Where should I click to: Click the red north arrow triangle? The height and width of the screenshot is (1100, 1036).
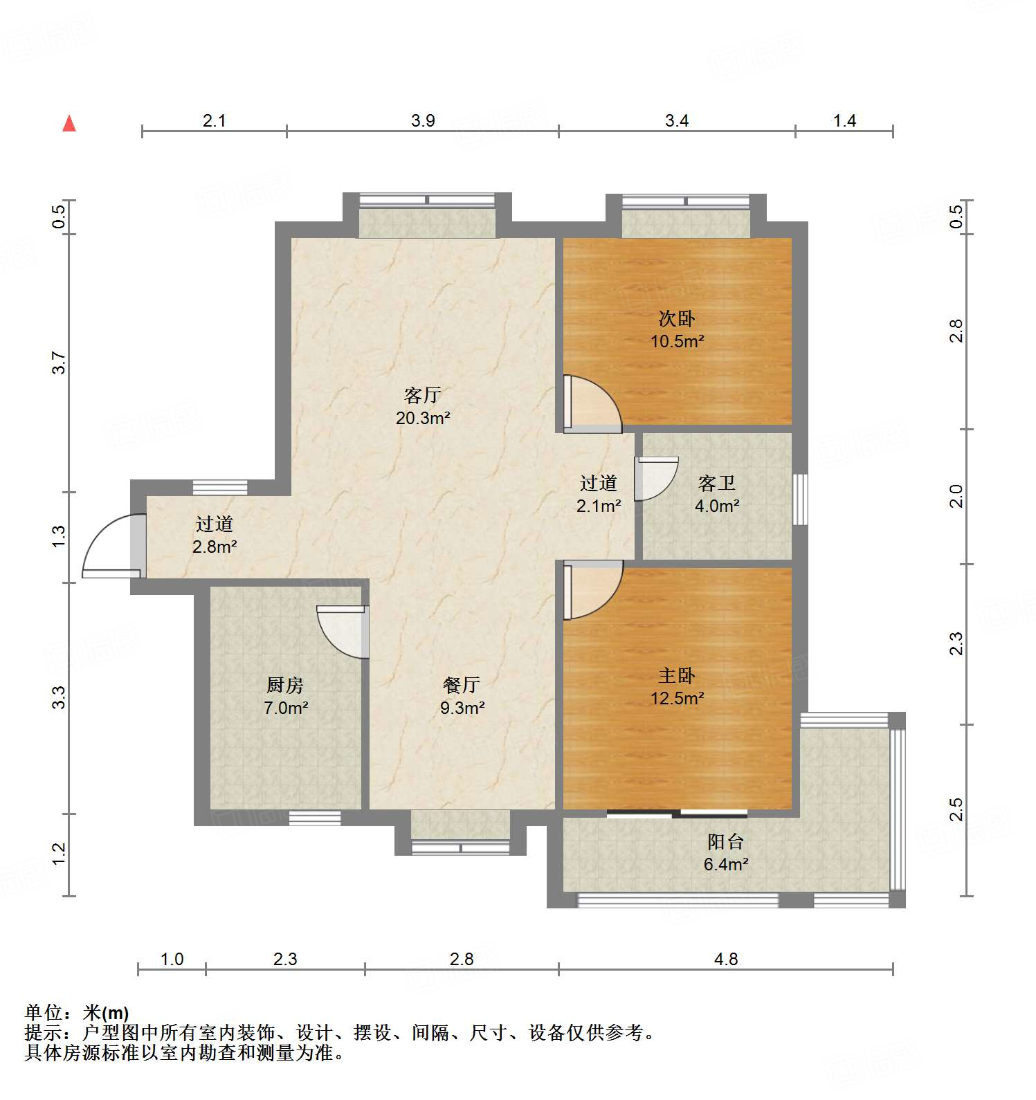click(x=69, y=124)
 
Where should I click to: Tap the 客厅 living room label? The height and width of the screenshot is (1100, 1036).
click(x=422, y=396)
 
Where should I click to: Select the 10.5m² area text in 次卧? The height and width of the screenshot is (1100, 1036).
click(x=677, y=341)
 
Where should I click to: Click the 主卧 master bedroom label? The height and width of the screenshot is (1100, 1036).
click(x=676, y=675)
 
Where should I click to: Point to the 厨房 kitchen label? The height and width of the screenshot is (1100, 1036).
click(x=284, y=685)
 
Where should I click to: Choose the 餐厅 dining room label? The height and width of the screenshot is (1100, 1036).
click(x=462, y=685)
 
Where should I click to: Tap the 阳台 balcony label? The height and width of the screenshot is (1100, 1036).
click(x=725, y=841)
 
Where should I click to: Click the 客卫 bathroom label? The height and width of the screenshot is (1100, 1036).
click(x=716, y=483)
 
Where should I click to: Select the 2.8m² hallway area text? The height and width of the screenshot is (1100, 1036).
click(x=215, y=547)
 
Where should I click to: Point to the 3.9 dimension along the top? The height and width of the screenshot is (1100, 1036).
click(x=423, y=121)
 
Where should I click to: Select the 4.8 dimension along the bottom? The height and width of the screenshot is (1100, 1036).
click(x=725, y=959)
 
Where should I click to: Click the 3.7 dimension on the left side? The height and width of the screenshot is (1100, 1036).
click(x=59, y=363)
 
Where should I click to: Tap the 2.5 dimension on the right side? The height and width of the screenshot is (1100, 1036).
click(x=956, y=809)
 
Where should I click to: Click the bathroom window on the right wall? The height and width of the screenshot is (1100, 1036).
click(x=800, y=499)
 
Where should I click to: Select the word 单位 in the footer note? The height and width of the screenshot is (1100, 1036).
click(x=44, y=1013)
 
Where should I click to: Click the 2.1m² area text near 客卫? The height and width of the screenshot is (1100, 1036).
click(x=599, y=506)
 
